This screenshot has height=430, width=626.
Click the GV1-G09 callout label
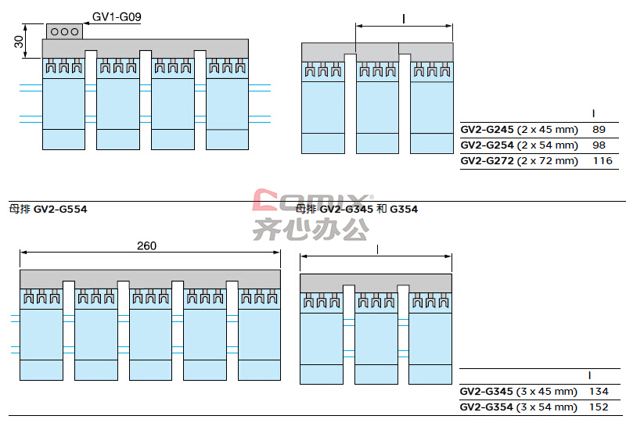[117, 16]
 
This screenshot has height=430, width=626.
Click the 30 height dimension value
[19, 41]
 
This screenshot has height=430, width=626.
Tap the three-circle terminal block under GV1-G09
[65, 31]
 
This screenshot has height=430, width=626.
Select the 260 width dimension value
[146, 245]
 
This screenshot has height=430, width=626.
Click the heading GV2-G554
[49, 209]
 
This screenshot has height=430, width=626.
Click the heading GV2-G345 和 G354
[357, 209]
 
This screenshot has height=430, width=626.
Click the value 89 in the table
[599, 130]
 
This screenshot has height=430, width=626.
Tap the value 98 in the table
[599, 145]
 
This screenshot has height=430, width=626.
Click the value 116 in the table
[603, 161]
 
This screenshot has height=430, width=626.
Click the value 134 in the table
[599, 392]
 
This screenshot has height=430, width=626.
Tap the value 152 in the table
[599, 407]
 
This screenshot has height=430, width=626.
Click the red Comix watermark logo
[312, 200]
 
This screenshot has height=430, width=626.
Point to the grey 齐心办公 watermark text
[311, 229]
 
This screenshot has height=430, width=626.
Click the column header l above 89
[594, 113]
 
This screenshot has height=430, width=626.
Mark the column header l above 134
[590, 375]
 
